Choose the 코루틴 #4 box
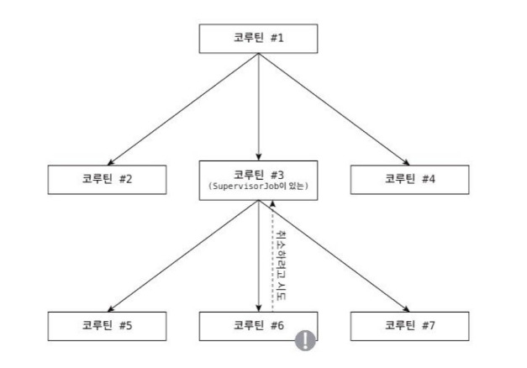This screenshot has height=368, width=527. coord(409,179)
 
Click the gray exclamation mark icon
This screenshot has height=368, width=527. coord(304,340)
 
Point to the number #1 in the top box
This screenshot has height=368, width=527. coord(282,38)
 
